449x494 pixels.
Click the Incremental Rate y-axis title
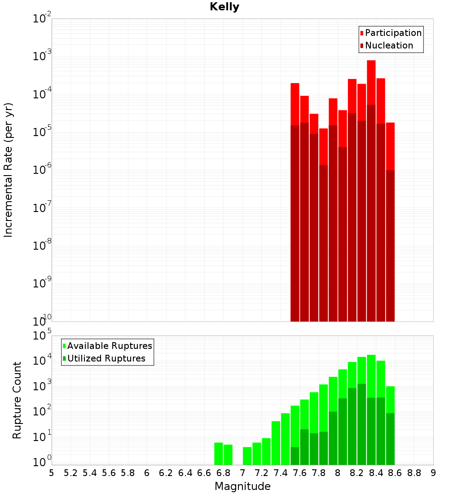(x=9, y=170)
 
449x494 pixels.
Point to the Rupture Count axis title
(x=17, y=400)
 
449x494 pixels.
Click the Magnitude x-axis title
(x=242, y=486)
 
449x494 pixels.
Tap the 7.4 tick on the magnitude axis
(x=281, y=473)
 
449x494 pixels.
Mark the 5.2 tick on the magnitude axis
(x=70, y=473)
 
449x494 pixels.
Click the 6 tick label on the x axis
(x=147, y=473)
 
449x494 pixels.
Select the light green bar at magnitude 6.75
(x=219, y=454)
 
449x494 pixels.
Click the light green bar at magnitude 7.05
(x=247, y=456)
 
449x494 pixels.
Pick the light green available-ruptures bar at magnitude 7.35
(x=276, y=443)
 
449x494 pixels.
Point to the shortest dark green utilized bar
(x=295, y=455)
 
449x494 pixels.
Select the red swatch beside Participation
(x=362, y=33)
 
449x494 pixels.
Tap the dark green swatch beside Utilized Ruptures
(x=64, y=358)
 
